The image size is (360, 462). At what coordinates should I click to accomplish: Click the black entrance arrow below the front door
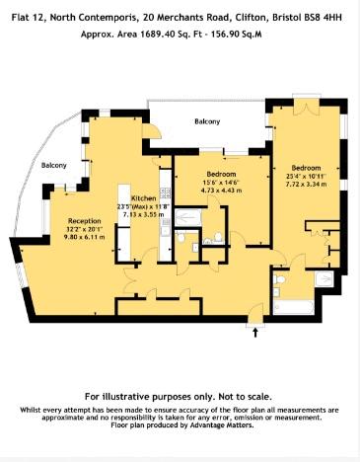pyautogui.click(x=255, y=333)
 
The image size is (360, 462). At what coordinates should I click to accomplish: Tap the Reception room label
pyautogui.click(x=85, y=221)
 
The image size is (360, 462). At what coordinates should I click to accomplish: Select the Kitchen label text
pyautogui.click(x=144, y=198)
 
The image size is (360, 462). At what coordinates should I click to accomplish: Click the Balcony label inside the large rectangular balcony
pyautogui.click(x=207, y=121)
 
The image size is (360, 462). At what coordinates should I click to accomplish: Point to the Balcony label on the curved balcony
pyautogui.click(x=54, y=165)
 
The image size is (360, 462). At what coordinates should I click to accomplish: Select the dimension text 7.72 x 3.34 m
pyautogui.click(x=306, y=184)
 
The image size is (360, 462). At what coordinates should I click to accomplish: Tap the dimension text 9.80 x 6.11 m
pyautogui.click(x=85, y=237)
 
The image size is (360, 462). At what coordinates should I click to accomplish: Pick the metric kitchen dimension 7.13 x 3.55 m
pyautogui.click(x=144, y=214)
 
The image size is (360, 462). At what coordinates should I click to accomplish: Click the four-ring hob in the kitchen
pyautogui.click(x=166, y=193)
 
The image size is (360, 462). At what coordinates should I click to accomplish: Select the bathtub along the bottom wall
pyautogui.click(x=293, y=307)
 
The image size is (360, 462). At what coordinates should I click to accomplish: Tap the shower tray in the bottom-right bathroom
pyautogui.click(x=324, y=278)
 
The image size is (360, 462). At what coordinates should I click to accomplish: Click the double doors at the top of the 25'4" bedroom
pyautogui.click(x=307, y=107)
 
